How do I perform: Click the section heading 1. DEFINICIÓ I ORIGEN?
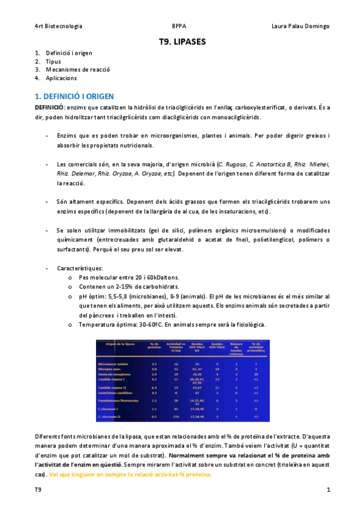(74, 96)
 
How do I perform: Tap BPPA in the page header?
(179, 26)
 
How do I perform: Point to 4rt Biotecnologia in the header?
(58, 26)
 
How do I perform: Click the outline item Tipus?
(53, 61)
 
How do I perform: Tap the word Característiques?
(80, 268)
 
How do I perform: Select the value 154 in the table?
(176, 417)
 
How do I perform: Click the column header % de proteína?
(154, 346)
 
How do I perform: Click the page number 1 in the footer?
(328, 489)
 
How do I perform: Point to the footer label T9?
(38, 489)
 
